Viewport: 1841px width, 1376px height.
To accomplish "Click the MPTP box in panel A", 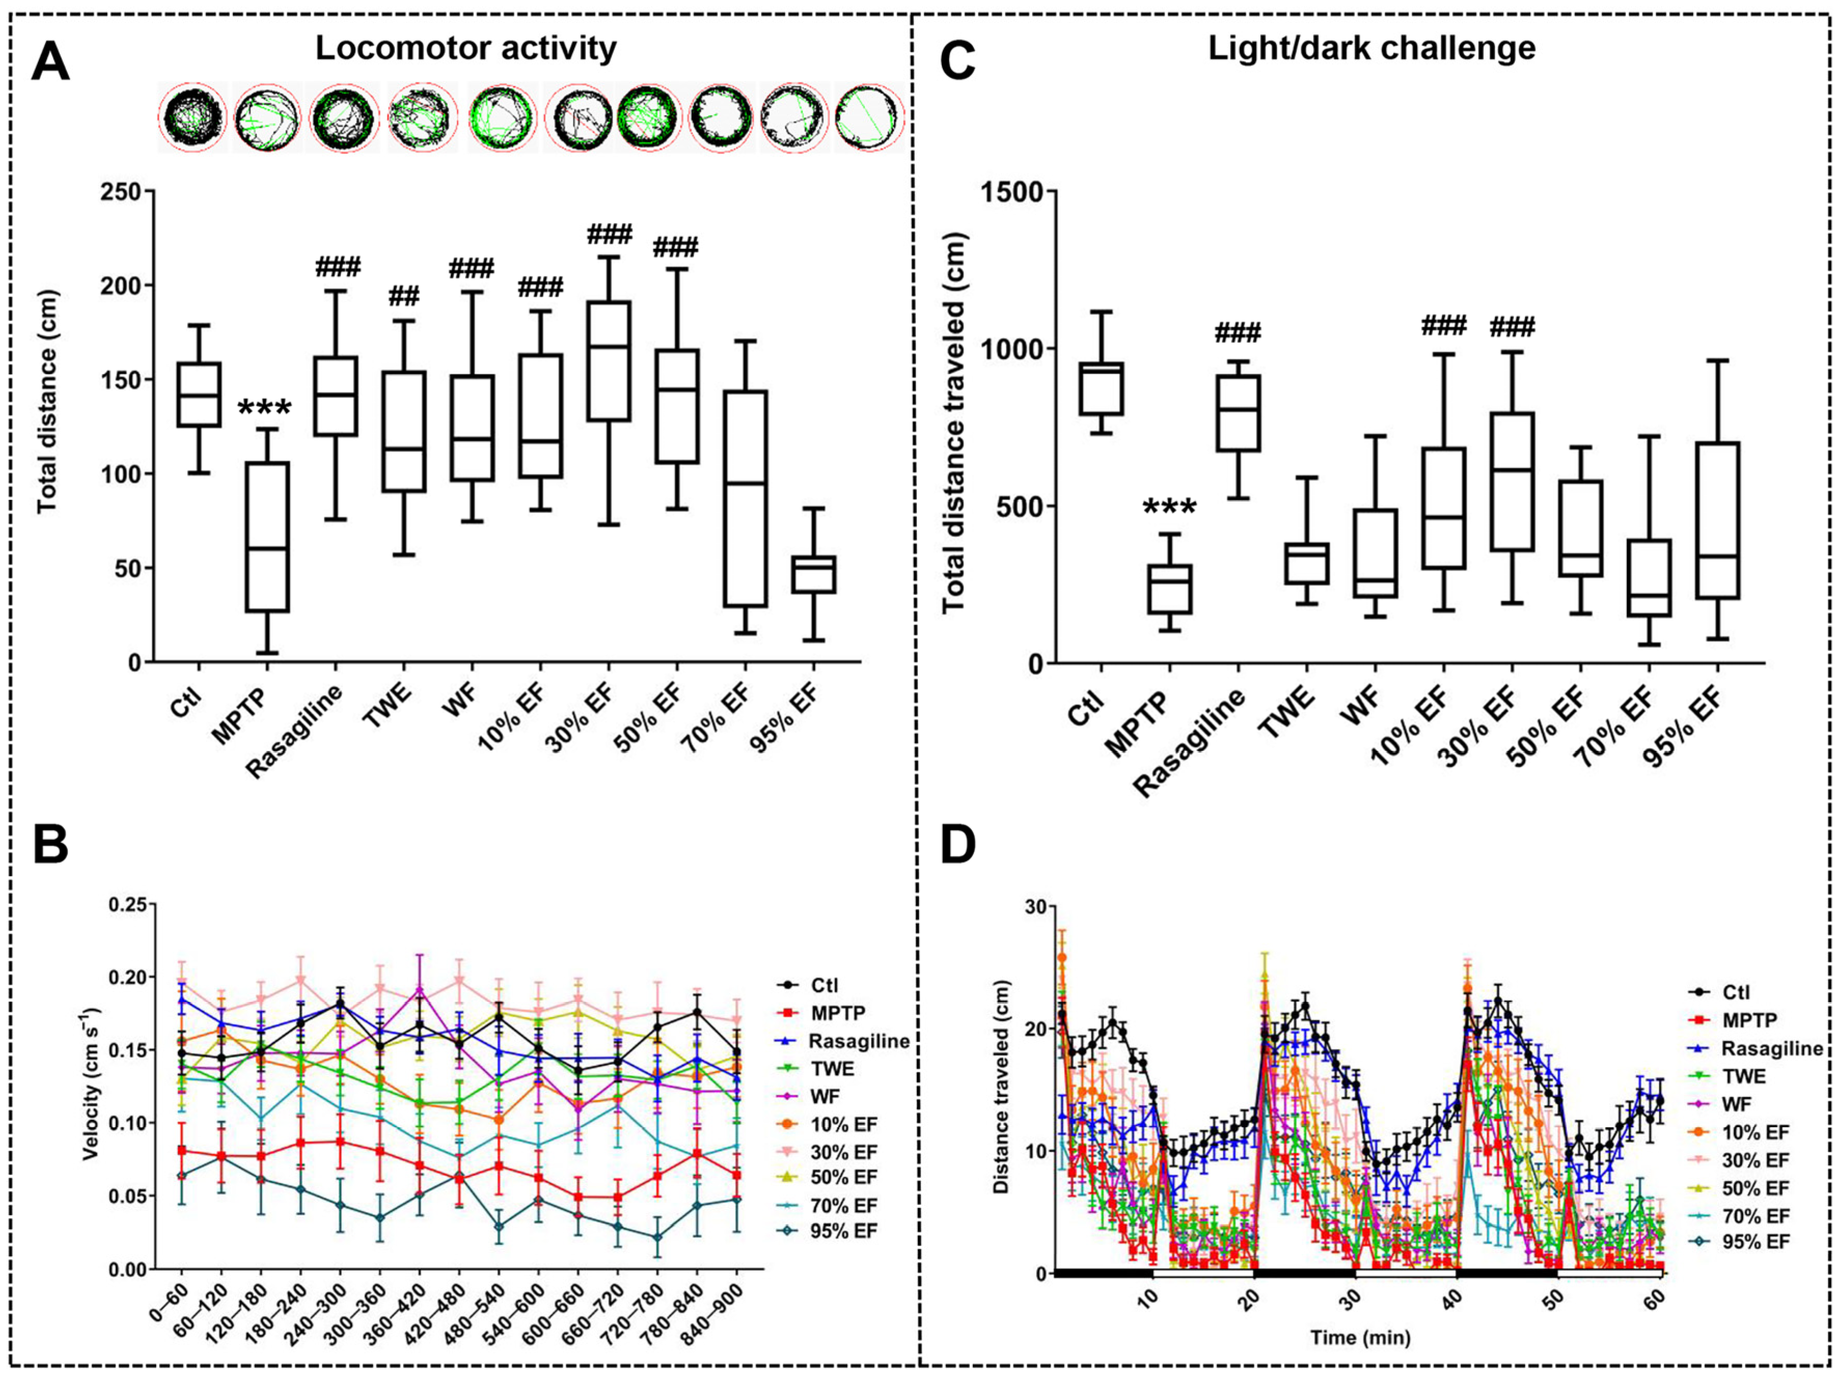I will (267, 537).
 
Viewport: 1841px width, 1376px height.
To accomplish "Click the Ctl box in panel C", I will (1101, 388).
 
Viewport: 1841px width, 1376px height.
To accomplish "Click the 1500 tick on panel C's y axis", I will (1010, 191).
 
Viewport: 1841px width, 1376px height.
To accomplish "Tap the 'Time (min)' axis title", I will (1360, 1338).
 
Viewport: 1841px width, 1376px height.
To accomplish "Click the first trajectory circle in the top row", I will (193, 117).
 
